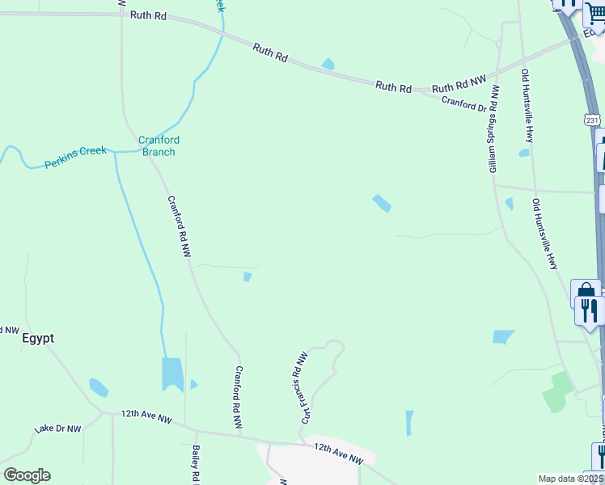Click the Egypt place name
pyautogui.click(x=38, y=338)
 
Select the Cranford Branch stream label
pyautogui.click(x=159, y=145)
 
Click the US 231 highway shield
pyautogui.click(x=593, y=120)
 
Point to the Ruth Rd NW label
pyautogui.click(x=459, y=85)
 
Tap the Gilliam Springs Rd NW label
pyautogui.click(x=493, y=129)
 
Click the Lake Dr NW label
pyautogui.click(x=58, y=428)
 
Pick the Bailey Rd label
pyautogui.click(x=196, y=464)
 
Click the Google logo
pyautogui.click(x=27, y=475)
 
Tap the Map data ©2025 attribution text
pyautogui.click(x=571, y=479)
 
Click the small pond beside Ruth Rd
pyautogui.click(x=328, y=64)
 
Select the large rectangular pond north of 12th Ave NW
pyautogui.click(x=172, y=373)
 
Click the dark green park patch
pyautogui.click(x=557, y=391)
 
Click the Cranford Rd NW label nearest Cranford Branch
pyautogui.click(x=179, y=226)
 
